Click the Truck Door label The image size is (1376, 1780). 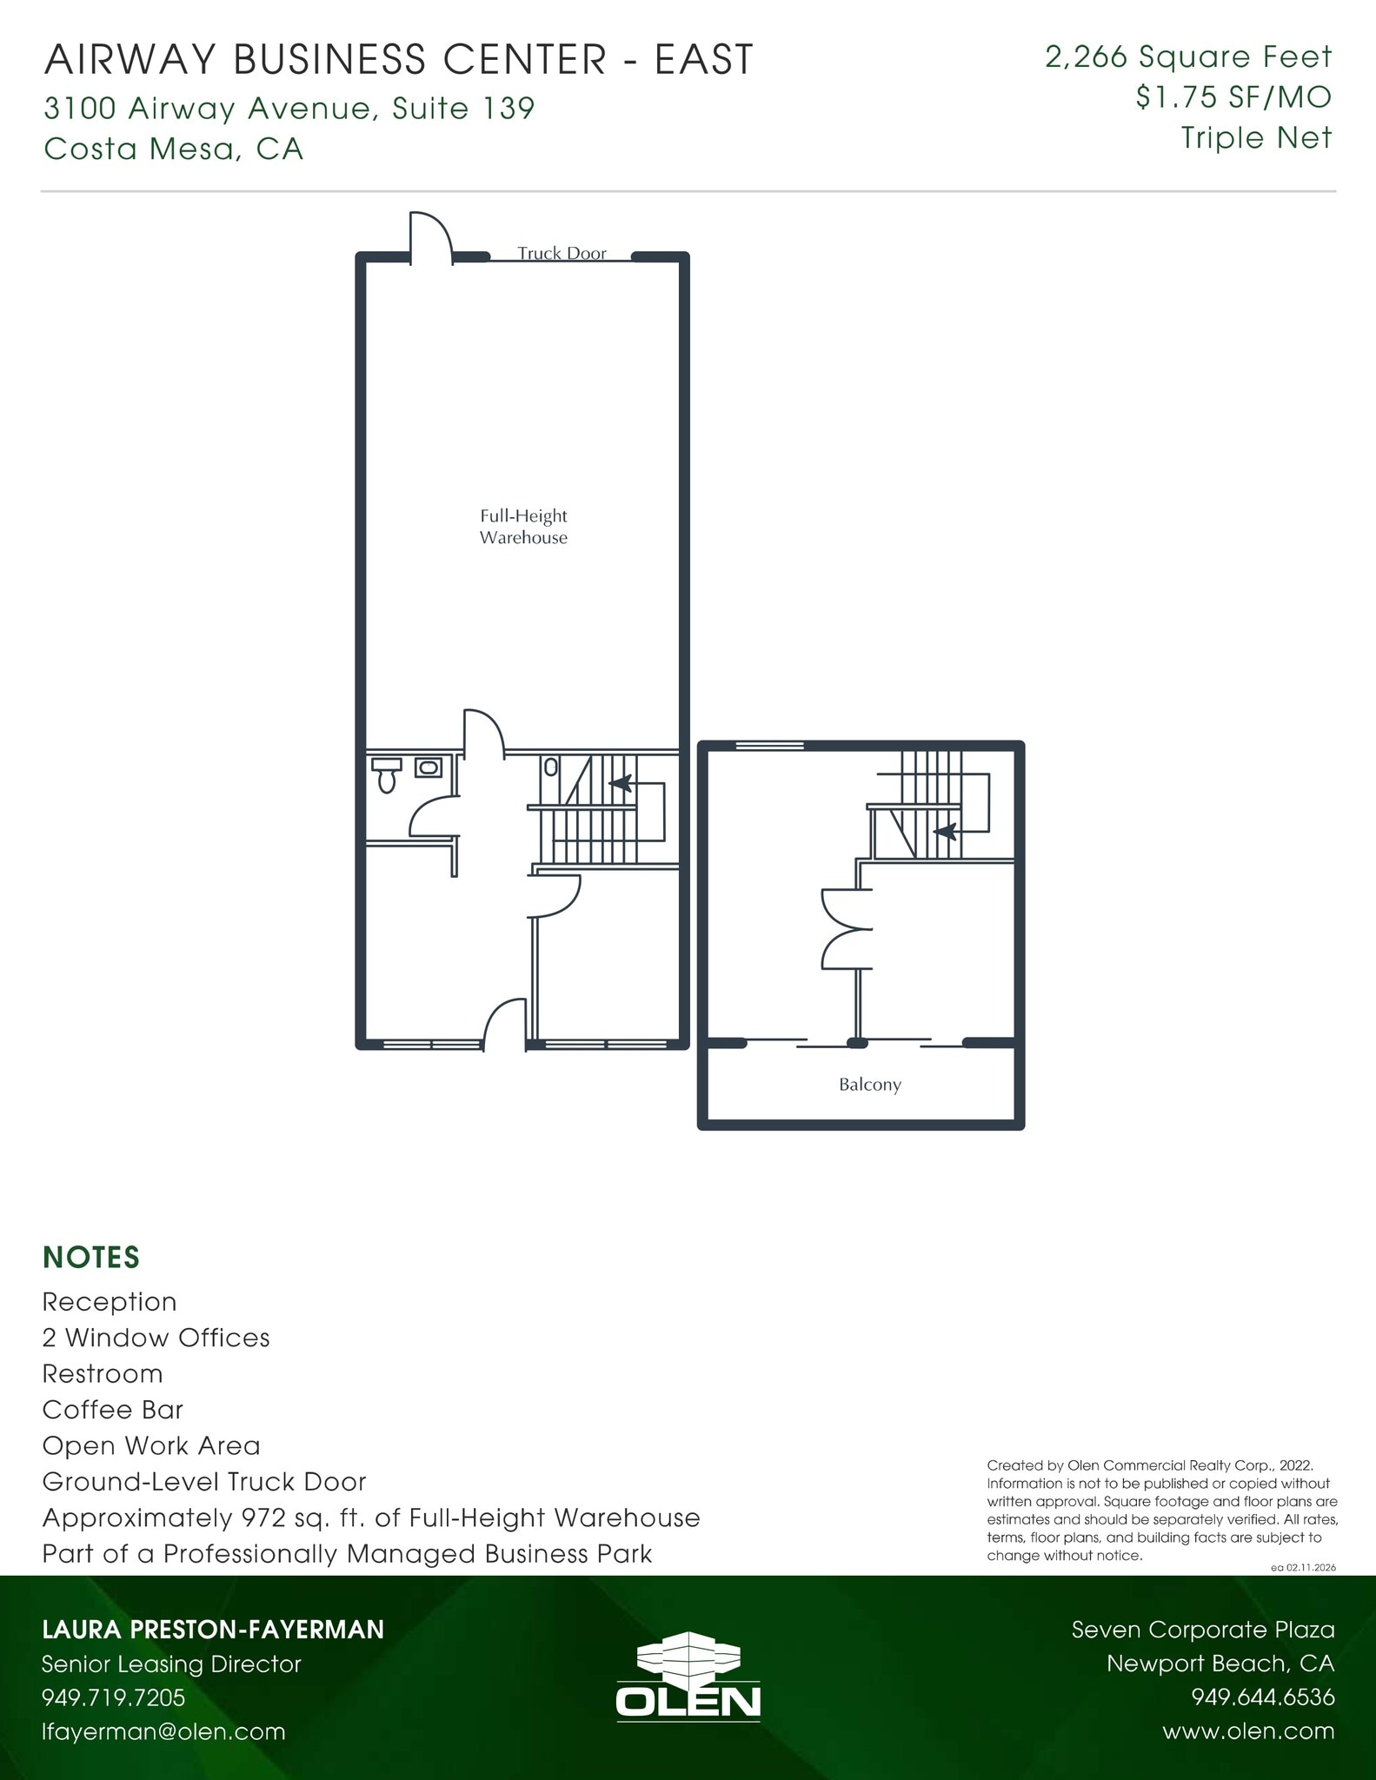tap(562, 253)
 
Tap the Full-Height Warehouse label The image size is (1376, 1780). tap(523, 527)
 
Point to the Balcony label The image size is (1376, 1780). tap(869, 1085)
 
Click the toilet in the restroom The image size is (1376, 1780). tap(387, 776)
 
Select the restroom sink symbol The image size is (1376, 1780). tap(428, 767)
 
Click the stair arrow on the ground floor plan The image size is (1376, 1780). tap(620, 783)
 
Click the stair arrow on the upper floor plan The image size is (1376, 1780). tap(946, 831)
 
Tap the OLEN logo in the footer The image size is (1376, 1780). tap(688, 1682)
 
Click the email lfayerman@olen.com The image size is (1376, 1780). tap(163, 1731)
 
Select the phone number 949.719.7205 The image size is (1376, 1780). tap(114, 1697)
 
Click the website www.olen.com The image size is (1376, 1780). tap(1248, 1731)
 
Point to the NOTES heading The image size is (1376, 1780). tap(91, 1258)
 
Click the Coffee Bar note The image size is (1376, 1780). tap(113, 1410)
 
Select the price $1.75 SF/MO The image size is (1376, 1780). tap(1233, 97)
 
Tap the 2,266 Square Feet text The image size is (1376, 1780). tap(1188, 57)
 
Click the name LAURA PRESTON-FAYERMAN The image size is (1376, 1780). tap(213, 1630)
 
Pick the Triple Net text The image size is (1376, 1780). tap(1256, 137)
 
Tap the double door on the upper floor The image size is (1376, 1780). tap(846, 929)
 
